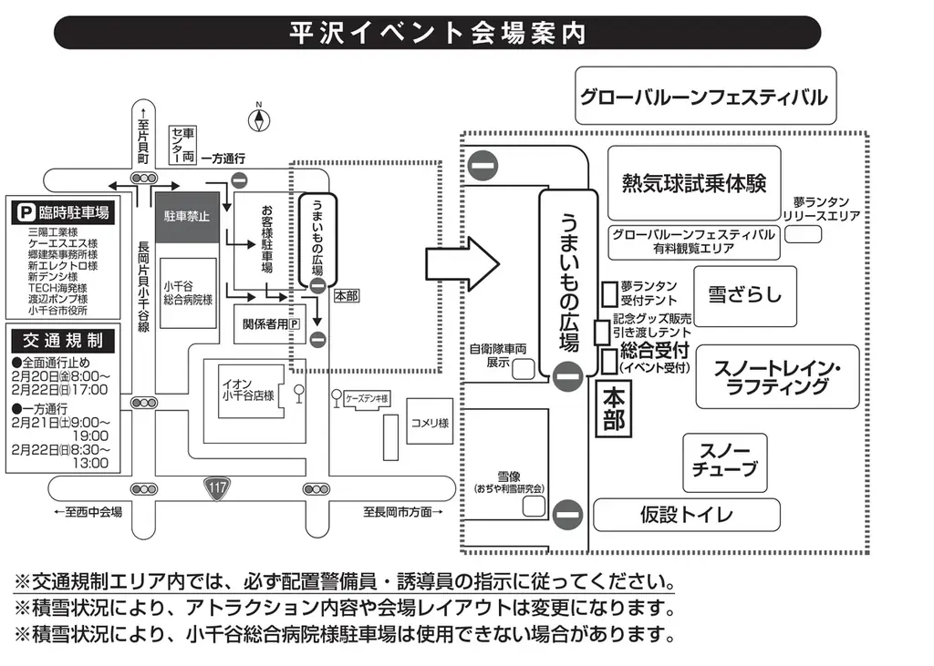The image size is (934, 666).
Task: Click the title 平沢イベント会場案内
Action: [438, 33]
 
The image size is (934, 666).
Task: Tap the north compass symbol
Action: [259, 119]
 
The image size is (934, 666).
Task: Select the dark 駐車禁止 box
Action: [186, 217]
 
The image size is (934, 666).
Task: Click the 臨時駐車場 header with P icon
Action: [62, 213]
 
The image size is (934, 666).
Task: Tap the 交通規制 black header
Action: [62, 342]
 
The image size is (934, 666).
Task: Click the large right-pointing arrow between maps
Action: [462, 265]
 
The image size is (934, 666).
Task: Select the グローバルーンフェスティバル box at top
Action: [704, 96]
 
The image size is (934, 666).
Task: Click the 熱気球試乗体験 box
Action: [694, 182]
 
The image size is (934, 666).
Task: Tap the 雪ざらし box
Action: [744, 295]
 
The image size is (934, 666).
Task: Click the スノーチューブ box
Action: [725, 462]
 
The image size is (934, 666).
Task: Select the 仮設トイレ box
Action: [686, 515]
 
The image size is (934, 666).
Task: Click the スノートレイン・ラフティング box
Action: [777, 376]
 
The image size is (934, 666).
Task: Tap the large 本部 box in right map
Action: [614, 409]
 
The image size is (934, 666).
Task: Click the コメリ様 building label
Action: [429, 423]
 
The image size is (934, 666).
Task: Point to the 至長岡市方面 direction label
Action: [402, 512]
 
